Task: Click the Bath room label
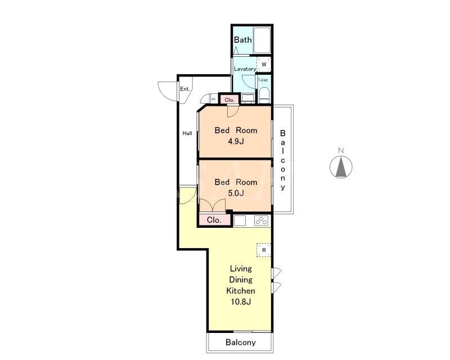pos(243,39)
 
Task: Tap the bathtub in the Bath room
pos(262,40)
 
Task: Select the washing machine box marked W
pos(264,65)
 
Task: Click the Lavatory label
pos(245,69)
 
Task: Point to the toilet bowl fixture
pos(264,95)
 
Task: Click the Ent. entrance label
pos(185,89)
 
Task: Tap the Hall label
pos(187,133)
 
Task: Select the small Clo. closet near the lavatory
pos(229,100)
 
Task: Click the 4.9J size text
pos(236,141)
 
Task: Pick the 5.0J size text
pos(236,193)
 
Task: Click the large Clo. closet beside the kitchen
pos(214,220)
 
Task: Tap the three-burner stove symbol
pos(261,220)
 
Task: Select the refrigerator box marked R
pos(264,250)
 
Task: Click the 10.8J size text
pos(241,301)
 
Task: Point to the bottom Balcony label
pos(241,342)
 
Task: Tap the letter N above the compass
pos(341,150)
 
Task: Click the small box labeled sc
pos(214,99)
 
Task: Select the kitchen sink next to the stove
pos(240,220)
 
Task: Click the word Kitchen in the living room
pos(241,290)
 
